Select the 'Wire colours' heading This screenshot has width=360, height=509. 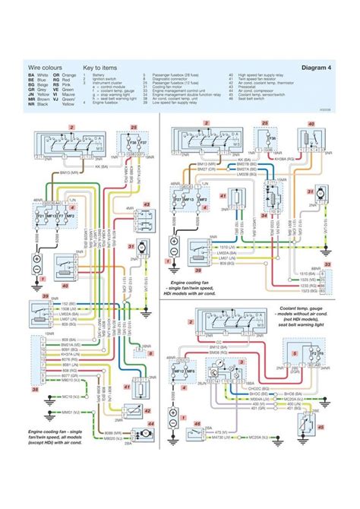pyautogui.click(x=44, y=67)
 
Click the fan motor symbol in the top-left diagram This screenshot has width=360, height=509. pyautogui.click(x=141, y=247)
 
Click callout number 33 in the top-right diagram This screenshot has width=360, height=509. pyautogui.click(x=327, y=265)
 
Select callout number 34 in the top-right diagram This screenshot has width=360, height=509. pyautogui.click(x=264, y=214)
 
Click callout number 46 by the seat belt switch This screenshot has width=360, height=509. pyautogui.click(x=198, y=424)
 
